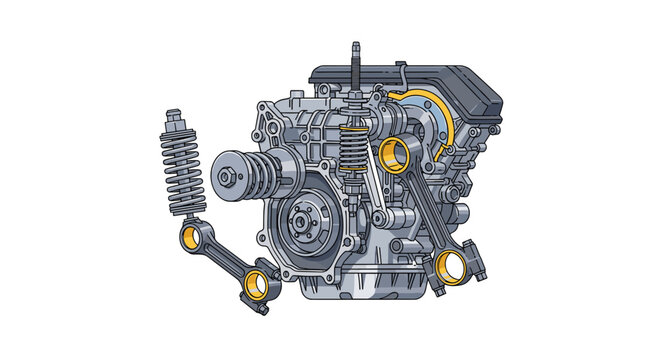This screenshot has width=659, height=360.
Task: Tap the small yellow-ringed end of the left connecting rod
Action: tap(190, 238)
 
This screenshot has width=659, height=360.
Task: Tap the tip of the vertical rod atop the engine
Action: tap(354, 46)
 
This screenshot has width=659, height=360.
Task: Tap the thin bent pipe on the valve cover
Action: tap(399, 75)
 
